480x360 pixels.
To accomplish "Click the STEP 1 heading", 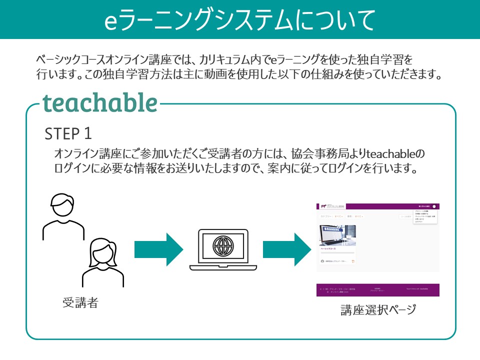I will pos(68,133).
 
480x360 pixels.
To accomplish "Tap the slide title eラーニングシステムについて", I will pos(240,19).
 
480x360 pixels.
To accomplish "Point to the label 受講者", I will pos(80,302).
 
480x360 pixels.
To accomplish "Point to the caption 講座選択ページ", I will pos(378,310).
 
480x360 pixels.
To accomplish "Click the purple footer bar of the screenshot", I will pos(377,289).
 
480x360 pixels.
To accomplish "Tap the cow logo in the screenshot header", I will pos(323,206).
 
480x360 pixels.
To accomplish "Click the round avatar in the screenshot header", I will pos(434,206).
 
